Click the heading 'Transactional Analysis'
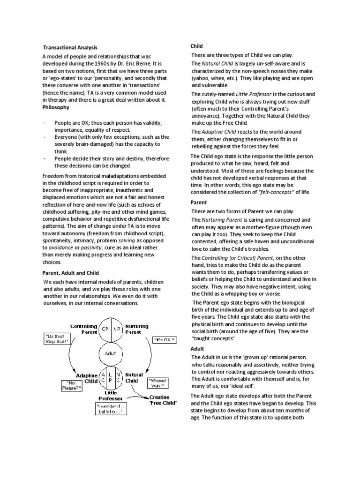[x=70, y=47]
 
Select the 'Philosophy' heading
[x=56, y=107]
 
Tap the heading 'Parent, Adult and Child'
[x=71, y=272]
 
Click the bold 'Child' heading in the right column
[x=196, y=46]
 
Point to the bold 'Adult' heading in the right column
[x=197, y=349]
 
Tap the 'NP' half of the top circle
[x=117, y=329]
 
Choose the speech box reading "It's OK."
[x=165, y=339]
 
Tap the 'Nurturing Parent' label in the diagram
[x=136, y=330]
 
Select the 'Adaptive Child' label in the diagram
[x=86, y=378]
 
